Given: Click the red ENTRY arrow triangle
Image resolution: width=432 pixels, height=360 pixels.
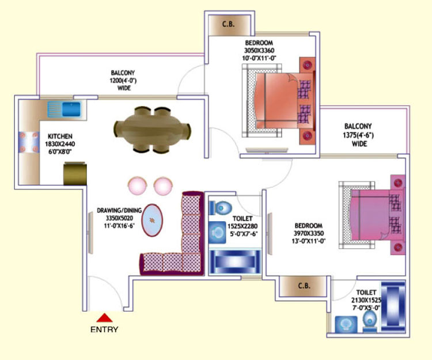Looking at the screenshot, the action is pyautogui.click(x=104, y=318).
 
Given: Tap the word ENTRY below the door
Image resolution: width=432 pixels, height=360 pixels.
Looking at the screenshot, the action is pyautogui.click(x=104, y=329).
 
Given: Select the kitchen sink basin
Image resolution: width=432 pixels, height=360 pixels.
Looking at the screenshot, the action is pyautogui.click(x=71, y=109).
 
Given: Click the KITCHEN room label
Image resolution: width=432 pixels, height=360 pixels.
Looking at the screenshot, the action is pyautogui.click(x=60, y=137).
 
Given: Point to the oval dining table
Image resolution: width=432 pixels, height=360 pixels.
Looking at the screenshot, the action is pyautogui.click(x=153, y=130).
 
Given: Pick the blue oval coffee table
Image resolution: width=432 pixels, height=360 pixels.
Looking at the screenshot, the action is pyautogui.click(x=152, y=220).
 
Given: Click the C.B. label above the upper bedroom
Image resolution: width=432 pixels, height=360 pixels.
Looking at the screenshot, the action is pyautogui.click(x=229, y=24).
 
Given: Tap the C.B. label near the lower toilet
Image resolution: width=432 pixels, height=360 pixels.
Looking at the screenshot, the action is pyautogui.click(x=304, y=286).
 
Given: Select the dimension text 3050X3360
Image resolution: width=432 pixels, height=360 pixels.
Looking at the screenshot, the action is pyautogui.click(x=259, y=51).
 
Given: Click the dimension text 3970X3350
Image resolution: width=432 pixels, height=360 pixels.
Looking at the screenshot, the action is pyautogui.click(x=309, y=233).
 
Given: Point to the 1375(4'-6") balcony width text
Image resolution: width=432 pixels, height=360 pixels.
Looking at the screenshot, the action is pyautogui.click(x=358, y=135).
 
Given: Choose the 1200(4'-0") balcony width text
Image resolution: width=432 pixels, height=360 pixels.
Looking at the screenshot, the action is pyautogui.click(x=123, y=81).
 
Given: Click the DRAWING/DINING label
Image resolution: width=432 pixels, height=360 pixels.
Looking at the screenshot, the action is pyautogui.click(x=119, y=210).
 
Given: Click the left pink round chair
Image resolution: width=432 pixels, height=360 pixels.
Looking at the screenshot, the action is pyautogui.click(x=137, y=186).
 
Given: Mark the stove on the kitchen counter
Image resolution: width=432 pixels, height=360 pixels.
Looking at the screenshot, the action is pyautogui.click(x=29, y=142).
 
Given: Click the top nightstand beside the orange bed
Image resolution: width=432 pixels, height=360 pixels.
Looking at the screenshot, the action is pyautogui.click(x=307, y=65).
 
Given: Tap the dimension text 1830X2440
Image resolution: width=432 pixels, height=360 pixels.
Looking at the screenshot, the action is pyautogui.click(x=60, y=144).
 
